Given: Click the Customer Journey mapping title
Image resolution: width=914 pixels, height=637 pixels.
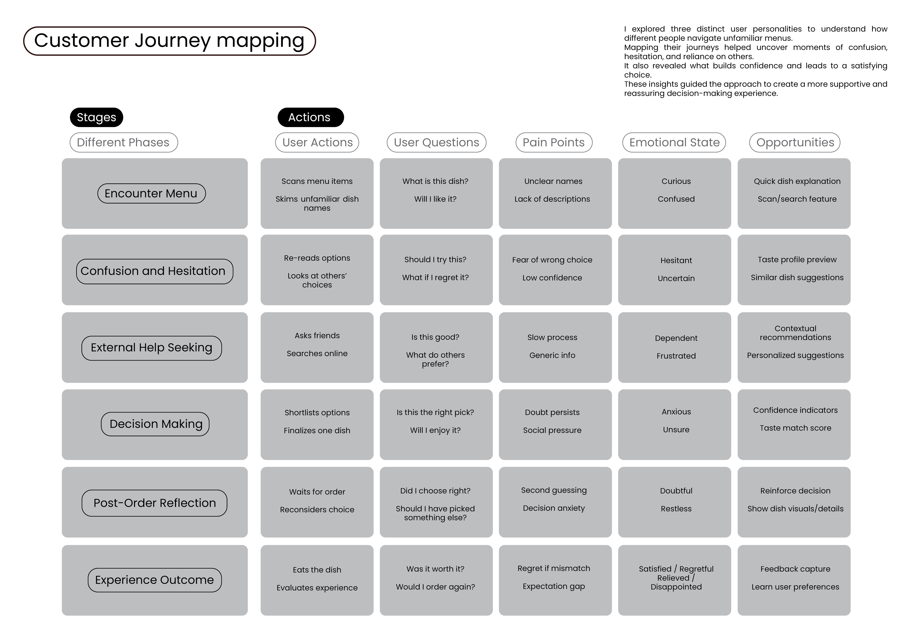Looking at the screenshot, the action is pos(169,41).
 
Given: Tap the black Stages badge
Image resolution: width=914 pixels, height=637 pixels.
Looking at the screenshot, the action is pos(96,117).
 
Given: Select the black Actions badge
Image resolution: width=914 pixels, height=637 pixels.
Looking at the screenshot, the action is pos(310,117).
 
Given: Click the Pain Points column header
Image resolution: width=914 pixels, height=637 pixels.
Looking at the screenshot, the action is pos(554,142).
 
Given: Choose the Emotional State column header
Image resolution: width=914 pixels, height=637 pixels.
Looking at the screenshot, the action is pos(674,142).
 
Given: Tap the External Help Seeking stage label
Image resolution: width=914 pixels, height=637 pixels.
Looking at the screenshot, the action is pos(152,348).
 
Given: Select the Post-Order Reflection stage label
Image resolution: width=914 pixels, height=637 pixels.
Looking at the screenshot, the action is pos(154,503).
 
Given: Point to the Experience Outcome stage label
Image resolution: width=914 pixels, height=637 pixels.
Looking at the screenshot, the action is pos(154,580).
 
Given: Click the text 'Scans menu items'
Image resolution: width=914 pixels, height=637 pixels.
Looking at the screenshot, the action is pos(317,181).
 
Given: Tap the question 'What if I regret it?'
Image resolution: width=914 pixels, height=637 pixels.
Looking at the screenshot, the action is pos(435,278).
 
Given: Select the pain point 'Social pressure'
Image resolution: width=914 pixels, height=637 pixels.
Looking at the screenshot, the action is pos(552,430).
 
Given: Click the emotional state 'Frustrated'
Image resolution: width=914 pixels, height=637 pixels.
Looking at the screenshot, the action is pos(676,356).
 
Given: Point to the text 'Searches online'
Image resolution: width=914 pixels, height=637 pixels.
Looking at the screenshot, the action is pos(317,354).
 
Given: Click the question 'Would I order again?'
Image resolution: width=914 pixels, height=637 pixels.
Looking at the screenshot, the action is pos(435,587).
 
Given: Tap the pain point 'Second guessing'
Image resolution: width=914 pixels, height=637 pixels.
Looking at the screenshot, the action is pos(554,490).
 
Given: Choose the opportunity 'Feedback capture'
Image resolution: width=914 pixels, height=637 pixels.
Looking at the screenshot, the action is pos(795,569).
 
